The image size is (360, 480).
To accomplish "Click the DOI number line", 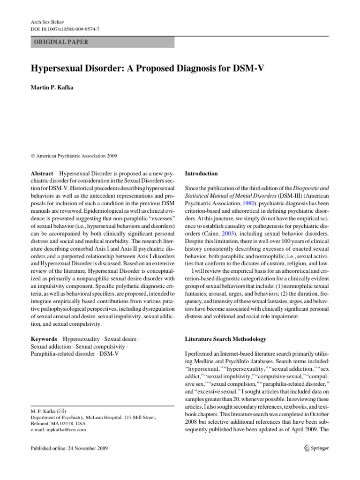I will [61, 29].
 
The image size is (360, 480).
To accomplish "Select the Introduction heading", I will [202, 173].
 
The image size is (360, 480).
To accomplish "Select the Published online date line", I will [69, 448].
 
